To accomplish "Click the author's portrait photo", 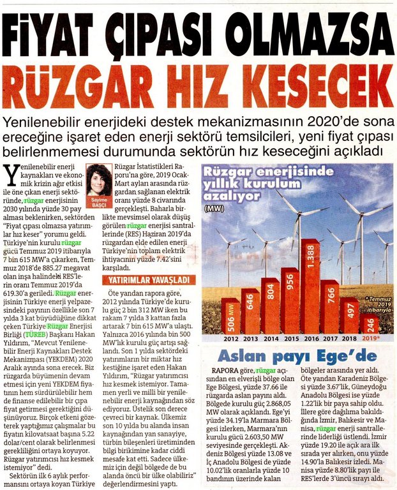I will click(x=99, y=181).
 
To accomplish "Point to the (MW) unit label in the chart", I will click(x=215, y=208).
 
